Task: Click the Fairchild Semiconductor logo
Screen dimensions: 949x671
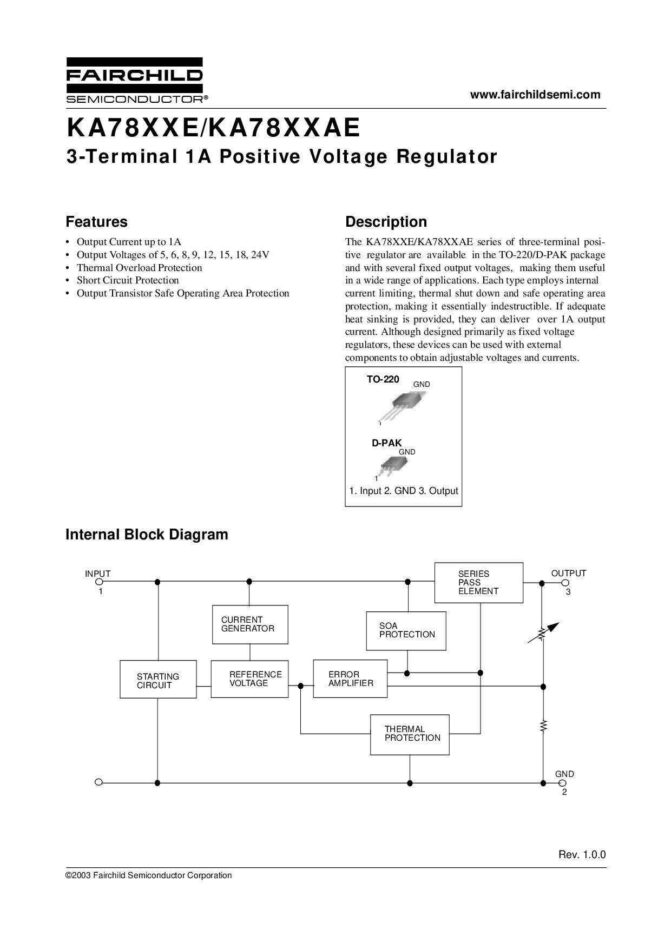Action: pyautogui.click(x=135, y=80)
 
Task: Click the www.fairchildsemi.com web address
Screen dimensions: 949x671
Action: pyautogui.click(x=535, y=95)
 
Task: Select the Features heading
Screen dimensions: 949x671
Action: pyautogui.click(x=96, y=222)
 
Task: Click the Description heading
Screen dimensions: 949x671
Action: pyautogui.click(x=386, y=222)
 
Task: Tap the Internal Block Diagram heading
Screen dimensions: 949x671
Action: pyautogui.click(x=147, y=535)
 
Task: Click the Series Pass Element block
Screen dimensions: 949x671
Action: pyautogui.click(x=478, y=583)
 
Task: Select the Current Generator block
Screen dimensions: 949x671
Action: pyautogui.click(x=249, y=624)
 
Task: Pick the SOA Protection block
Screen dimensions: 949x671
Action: pyautogui.click(x=406, y=630)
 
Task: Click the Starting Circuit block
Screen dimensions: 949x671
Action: pyautogui.click(x=158, y=679)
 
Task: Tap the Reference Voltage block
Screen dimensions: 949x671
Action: pyautogui.click(x=249, y=678)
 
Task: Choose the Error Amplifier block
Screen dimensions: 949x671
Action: pyautogui.click(x=350, y=678)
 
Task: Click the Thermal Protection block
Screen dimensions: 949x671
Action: pyautogui.click(x=410, y=734)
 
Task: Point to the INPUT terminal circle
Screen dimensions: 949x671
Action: pyautogui.click(x=99, y=582)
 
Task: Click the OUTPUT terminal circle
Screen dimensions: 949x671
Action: pyautogui.click(x=565, y=583)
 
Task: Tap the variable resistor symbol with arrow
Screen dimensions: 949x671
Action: pyautogui.click(x=543, y=634)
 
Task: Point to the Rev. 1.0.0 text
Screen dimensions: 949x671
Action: pyautogui.click(x=582, y=855)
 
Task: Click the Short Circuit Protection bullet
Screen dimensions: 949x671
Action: pyautogui.click(x=128, y=280)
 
